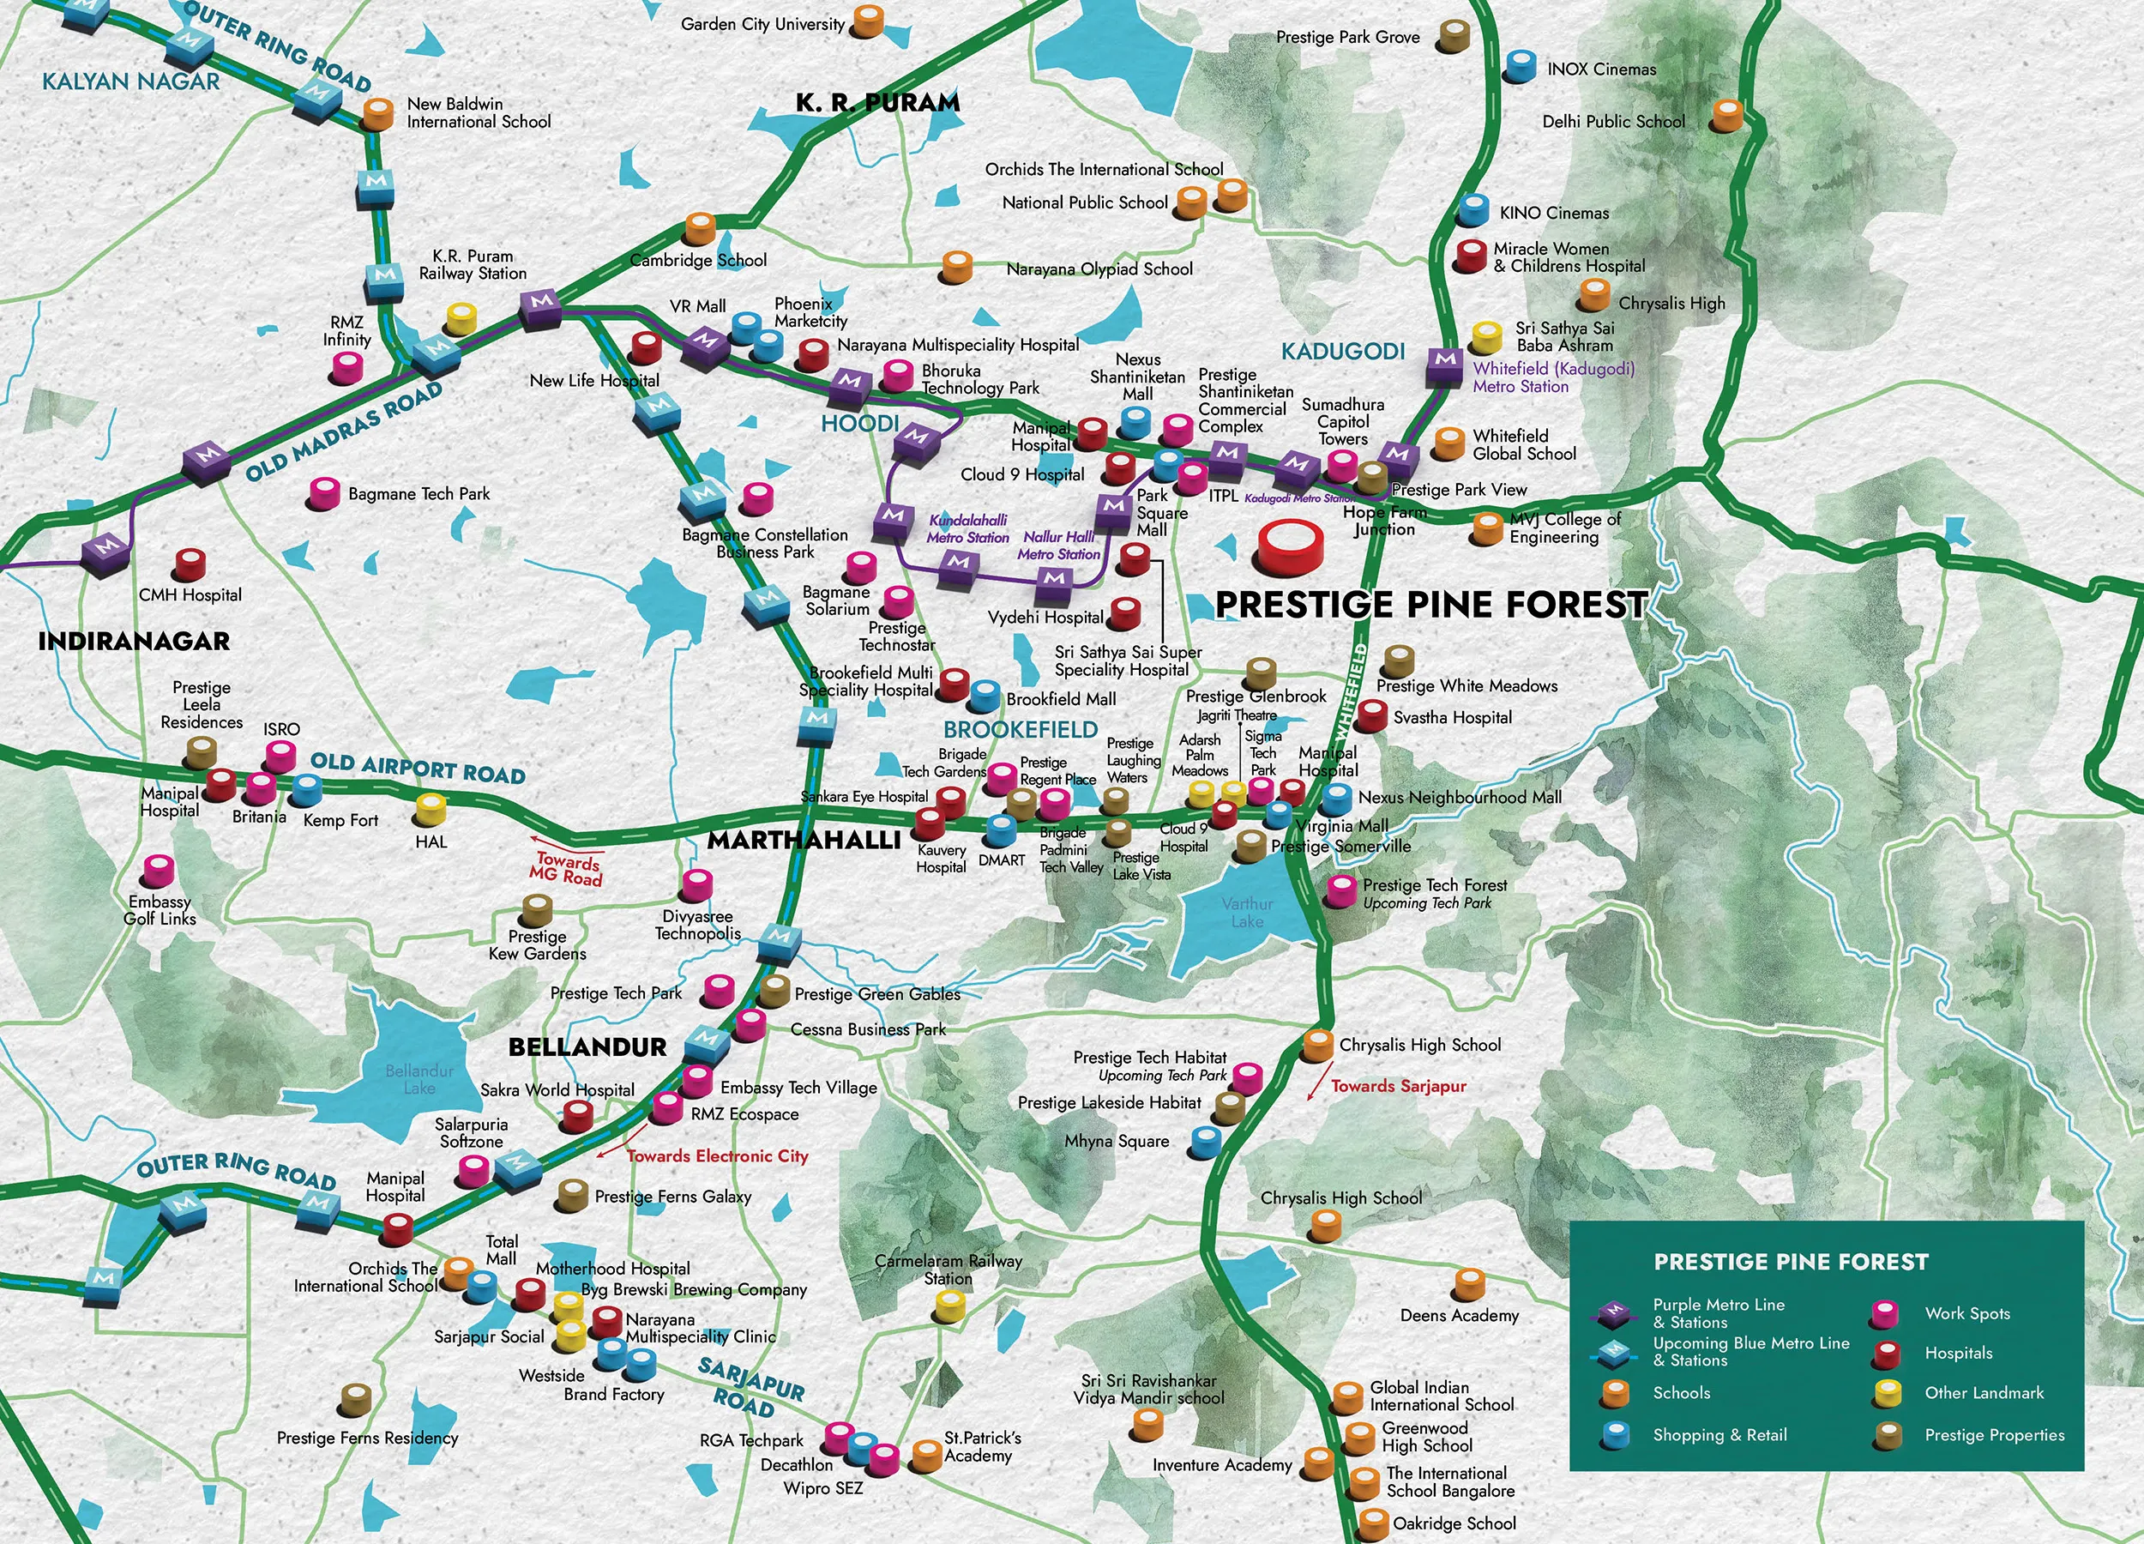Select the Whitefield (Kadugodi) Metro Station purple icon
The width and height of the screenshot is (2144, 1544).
coord(1443,364)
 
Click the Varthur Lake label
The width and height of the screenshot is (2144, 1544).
coord(1247,912)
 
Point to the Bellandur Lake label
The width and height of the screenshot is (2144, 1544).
coord(419,1079)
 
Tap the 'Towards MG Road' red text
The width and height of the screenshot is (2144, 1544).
coord(566,868)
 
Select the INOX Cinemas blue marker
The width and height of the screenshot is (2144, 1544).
coord(1520,67)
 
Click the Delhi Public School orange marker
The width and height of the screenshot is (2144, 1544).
coord(1727,114)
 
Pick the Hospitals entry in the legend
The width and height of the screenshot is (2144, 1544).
coord(1958,1353)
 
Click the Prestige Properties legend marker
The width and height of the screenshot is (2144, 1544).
coord(1888,1435)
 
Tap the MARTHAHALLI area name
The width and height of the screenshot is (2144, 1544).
coord(804,840)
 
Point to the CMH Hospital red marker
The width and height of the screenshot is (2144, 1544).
coord(189,564)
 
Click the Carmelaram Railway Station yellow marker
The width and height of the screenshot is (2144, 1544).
coord(949,1306)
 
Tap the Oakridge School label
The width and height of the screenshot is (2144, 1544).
coord(1454,1523)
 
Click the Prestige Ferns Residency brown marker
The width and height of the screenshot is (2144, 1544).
coord(355,1398)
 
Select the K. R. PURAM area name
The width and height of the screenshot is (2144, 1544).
coord(877,102)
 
